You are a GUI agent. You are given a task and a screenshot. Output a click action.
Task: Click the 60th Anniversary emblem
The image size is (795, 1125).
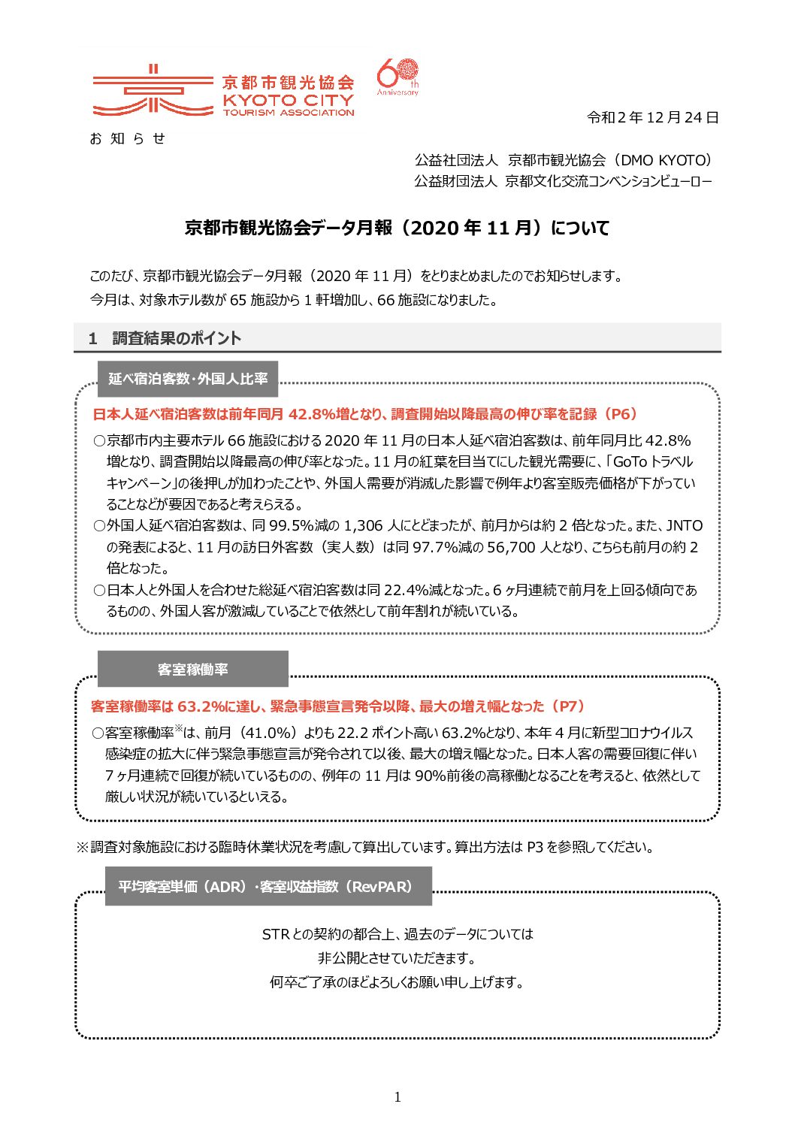click(x=397, y=77)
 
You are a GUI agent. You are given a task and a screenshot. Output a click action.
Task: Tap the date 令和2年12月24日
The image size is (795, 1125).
click(x=652, y=117)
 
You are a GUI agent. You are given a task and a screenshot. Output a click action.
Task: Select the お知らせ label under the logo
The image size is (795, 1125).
click(x=127, y=138)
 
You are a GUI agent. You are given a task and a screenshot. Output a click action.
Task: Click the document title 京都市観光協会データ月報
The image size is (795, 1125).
click(x=289, y=228)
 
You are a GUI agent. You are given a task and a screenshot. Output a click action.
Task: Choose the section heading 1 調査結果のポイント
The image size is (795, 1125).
click(x=165, y=338)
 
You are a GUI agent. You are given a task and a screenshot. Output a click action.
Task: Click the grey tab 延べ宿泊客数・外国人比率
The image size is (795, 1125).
click(x=188, y=379)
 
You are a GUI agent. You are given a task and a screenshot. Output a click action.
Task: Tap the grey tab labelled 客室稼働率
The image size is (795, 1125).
click(x=193, y=669)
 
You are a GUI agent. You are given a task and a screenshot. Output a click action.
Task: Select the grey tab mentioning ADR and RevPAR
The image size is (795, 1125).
click(x=268, y=886)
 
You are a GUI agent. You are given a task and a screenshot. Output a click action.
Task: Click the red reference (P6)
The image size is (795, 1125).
click(x=621, y=414)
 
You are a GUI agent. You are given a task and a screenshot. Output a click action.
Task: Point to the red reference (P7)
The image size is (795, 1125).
click(x=567, y=706)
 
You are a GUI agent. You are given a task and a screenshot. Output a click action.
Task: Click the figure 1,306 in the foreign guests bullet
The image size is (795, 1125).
click(x=363, y=526)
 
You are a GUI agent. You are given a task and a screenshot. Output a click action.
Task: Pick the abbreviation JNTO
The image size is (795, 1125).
click(x=684, y=526)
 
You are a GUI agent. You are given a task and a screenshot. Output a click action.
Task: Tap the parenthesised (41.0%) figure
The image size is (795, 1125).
click(x=268, y=733)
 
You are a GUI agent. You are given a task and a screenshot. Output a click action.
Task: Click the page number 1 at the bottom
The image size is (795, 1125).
click(x=397, y=1097)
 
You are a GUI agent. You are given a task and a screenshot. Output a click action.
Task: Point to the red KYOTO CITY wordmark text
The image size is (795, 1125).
click(x=288, y=99)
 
